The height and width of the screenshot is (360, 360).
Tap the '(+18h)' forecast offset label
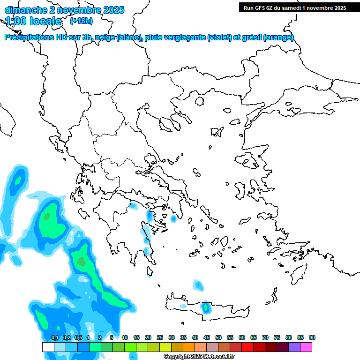click(82, 21)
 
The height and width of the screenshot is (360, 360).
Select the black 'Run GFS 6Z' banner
click(293, 7)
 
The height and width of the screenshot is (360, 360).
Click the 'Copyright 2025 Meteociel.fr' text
click(199, 357)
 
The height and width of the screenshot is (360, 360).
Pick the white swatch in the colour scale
click(48, 347)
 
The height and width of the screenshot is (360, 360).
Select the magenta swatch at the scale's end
click(306, 347)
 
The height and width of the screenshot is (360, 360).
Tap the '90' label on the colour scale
click(312, 337)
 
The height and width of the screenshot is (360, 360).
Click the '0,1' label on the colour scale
click(54, 337)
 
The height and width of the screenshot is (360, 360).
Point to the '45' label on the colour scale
click(207, 337)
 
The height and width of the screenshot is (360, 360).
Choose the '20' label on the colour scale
click(148, 337)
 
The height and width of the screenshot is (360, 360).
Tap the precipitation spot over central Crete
click(205, 307)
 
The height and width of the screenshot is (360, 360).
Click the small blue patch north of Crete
click(198, 284)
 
